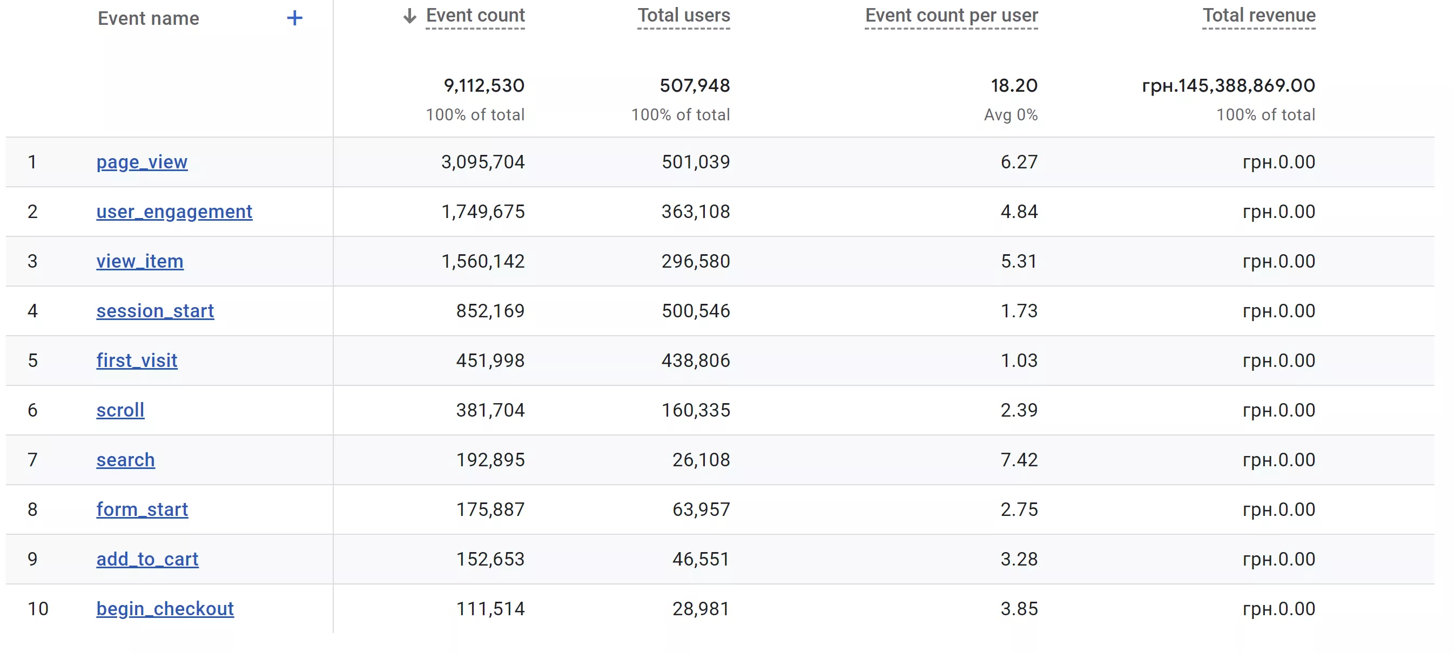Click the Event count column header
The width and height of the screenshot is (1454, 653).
tap(475, 15)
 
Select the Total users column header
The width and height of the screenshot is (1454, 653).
tap(684, 15)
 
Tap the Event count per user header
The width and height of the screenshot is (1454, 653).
tap(951, 15)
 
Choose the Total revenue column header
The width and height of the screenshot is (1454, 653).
tap(1258, 15)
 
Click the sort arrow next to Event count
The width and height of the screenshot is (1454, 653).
tap(410, 16)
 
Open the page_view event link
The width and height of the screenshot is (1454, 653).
tap(142, 162)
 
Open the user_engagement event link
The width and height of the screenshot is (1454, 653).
tap(174, 212)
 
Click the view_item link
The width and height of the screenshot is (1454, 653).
tap(140, 262)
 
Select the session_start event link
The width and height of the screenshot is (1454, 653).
tap(155, 311)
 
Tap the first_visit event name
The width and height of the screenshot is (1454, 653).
tap(137, 361)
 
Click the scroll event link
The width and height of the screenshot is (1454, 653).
tap(120, 411)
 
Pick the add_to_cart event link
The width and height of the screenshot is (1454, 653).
tap(147, 560)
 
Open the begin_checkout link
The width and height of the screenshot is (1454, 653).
tap(165, 609)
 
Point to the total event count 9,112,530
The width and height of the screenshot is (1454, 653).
tap(484, 86)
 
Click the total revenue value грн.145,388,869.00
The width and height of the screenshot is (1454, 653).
tap(1228, 86)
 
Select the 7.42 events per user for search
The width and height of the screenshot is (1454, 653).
tap(1019, 460)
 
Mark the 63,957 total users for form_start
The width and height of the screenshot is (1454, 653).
tap(701, 510)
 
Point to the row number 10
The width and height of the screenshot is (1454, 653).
tap(38, 609)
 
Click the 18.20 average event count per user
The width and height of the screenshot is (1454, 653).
tap(1014, 86)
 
